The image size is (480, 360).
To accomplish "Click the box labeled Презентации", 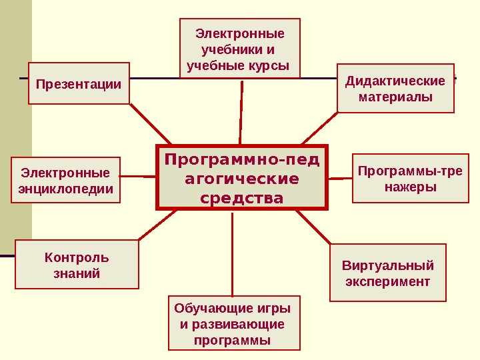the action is coord(79,84).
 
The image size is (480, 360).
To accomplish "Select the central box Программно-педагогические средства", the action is coord(241,177).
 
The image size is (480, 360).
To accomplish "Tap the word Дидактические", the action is coord(395,81).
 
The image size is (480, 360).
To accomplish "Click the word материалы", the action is coord(395,98).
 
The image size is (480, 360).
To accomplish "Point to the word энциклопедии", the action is coord(65,189).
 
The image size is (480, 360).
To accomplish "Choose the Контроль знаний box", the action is coord(77,264).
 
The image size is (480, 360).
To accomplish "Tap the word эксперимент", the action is coord(387,282).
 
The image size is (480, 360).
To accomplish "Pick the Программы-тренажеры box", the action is coord(410,178).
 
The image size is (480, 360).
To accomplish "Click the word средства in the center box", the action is coord(241,199).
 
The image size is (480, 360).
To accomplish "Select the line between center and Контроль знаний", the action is coord(157,225).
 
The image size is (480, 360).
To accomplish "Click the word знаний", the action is coord(77,273).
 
